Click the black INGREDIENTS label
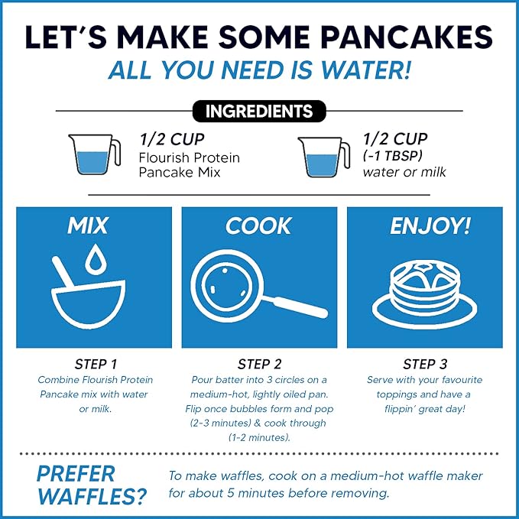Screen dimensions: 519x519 259,111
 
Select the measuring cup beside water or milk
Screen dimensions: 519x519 319,157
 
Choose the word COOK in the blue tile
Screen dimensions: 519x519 258,226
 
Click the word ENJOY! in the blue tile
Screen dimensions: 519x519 424,226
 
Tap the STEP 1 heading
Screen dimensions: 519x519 93,365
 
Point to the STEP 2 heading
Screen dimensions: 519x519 259,365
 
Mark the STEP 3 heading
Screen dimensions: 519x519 424,365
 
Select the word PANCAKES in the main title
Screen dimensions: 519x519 405,37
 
